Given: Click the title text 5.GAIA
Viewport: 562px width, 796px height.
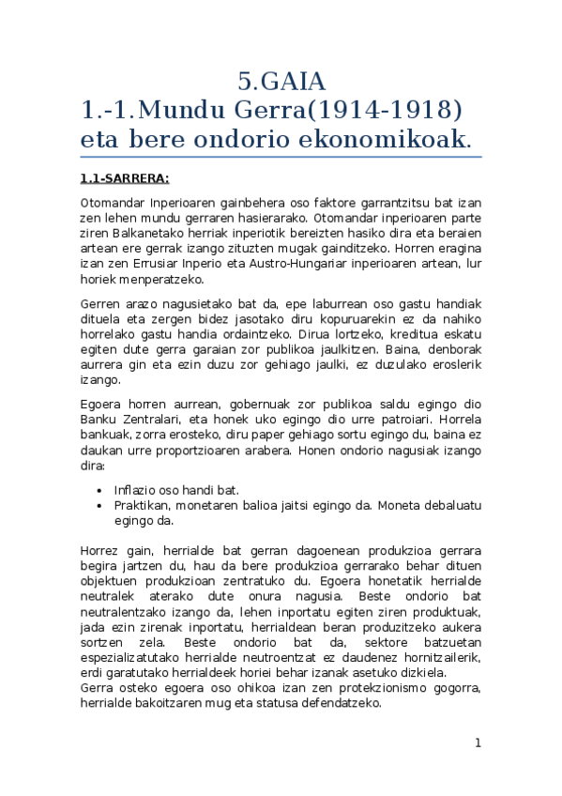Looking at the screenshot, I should point(281,80).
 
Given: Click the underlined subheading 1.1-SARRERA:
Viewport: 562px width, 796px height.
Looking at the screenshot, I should point(124,177).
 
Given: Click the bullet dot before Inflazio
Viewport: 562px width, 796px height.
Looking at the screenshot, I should point(99,490).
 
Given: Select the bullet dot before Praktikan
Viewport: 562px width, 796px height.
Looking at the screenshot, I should point(99,505).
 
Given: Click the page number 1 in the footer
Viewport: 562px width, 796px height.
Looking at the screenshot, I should point(478,743).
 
